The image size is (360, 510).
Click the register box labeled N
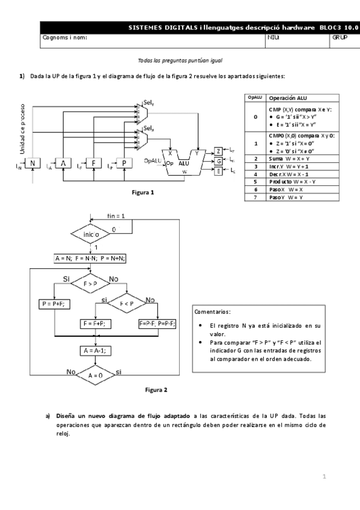(x=32, y=164)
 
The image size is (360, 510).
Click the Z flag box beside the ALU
(x=218, y=150)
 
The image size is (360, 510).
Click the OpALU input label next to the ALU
(x=153, y=161)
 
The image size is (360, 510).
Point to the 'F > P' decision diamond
(x=91, y=283)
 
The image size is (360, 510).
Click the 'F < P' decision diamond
(x=126, y=304)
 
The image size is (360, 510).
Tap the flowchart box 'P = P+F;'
(x=54, y=304)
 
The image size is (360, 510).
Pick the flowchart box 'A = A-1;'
(x=91, y=349)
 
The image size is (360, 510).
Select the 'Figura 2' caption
(x=157, y=390)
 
